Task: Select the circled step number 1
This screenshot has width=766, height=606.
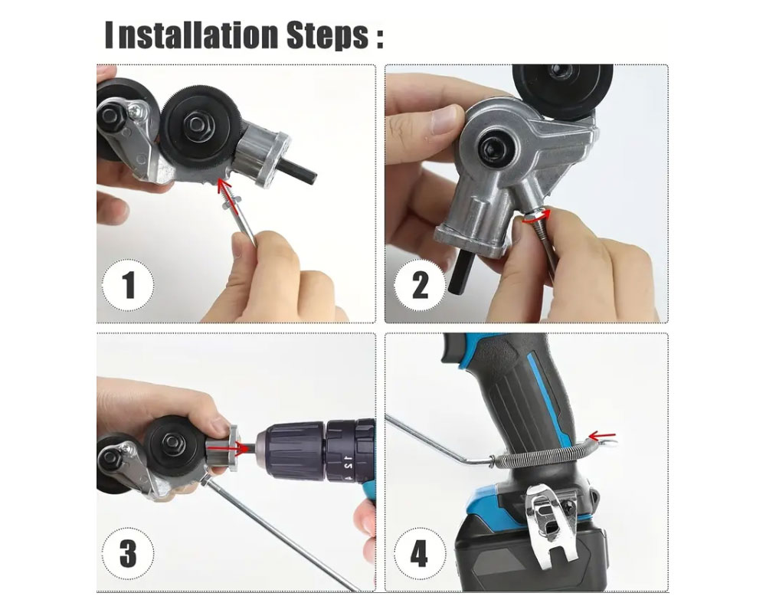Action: click(128, 286)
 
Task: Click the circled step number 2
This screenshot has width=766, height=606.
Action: click(421, 286)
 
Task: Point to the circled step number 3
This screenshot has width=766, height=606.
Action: click(128, 553)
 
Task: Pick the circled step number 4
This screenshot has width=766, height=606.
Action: click(421, 553)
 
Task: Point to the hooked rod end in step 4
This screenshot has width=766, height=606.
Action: click(604, 438)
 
